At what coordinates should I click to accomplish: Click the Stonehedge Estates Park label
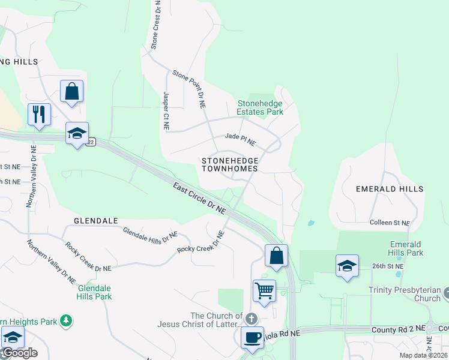pos(259,107)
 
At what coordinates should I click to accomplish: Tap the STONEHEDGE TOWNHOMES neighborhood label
pos(230,164)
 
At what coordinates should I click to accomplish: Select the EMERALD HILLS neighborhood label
pos(389,188)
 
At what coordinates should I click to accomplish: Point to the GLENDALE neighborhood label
pos(95,221)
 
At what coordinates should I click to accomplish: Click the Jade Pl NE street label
pos(240,140)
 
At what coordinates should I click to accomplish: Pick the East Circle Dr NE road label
pos(200,198)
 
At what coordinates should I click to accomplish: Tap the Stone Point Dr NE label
pos(189,89)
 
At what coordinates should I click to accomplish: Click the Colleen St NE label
pos(390,223)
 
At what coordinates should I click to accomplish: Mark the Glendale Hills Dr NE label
pos(150,236)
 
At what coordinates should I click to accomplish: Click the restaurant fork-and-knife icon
pos(39,113)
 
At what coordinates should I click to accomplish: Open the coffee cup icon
pos(252,337)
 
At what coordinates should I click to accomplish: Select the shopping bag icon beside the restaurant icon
pos(71,92)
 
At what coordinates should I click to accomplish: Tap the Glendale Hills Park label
pos(95,292)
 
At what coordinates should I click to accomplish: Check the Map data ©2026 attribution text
pos(423,355)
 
